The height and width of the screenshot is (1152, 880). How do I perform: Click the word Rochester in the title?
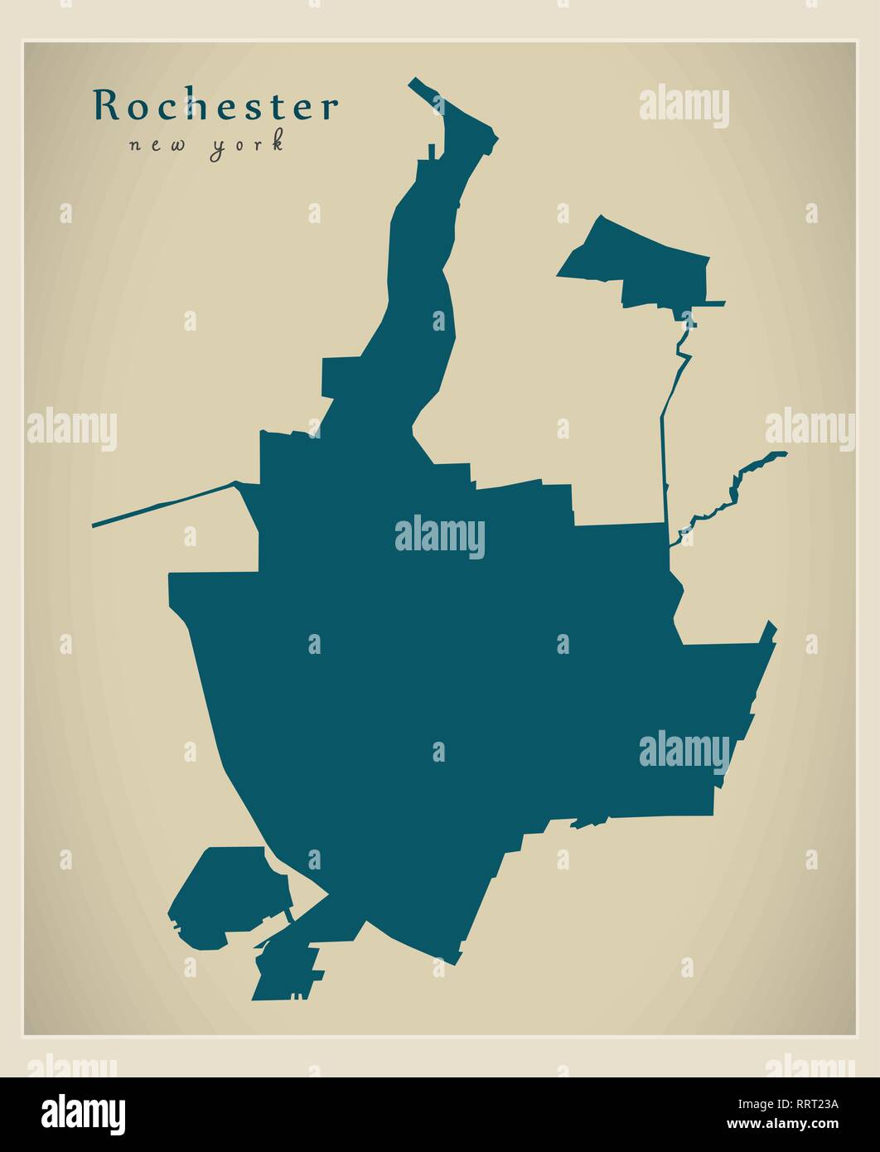click(x=215, y=106)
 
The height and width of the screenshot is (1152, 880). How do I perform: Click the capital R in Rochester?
click(x=104, y=105)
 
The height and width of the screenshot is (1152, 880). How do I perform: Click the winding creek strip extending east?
click(x=733, y=492)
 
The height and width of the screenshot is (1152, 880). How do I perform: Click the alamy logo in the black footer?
click(x=84, y=1113)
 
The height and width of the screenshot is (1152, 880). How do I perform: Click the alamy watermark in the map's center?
click(x=440, y=538)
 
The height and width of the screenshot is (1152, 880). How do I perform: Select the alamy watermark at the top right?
click(x=684, y=106)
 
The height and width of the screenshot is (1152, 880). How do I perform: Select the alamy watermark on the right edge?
click(x=810, y=429)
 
